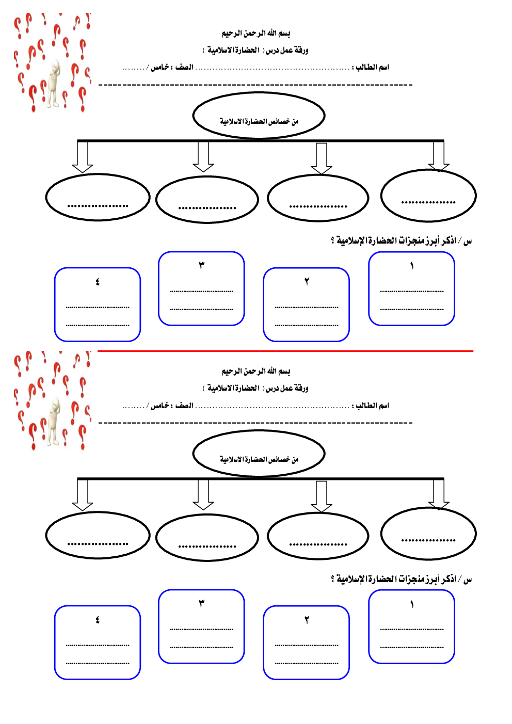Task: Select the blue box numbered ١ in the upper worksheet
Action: click(411, 289)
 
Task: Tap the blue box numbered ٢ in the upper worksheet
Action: click(306, 305)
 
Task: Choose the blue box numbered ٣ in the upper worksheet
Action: click(201, 289)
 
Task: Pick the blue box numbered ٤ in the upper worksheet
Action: click(98, 305)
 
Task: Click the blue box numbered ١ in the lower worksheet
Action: click(411, 627)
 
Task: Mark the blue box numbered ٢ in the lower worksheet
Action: click(306, 643)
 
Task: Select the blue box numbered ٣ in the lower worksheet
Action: click(201, 627)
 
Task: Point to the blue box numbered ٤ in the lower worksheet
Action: click(98, 643)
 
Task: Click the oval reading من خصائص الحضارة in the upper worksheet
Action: click(259, 116)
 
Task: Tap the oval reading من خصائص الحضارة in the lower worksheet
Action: click(259, 454)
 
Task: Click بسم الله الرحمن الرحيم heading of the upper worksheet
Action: click(256, 34)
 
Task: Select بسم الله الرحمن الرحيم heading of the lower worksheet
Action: click(256, 372)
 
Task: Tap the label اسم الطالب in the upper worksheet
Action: click(372, 68)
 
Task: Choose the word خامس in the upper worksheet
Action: click(159, 68)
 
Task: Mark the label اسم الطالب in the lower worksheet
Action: click(372, 406)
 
